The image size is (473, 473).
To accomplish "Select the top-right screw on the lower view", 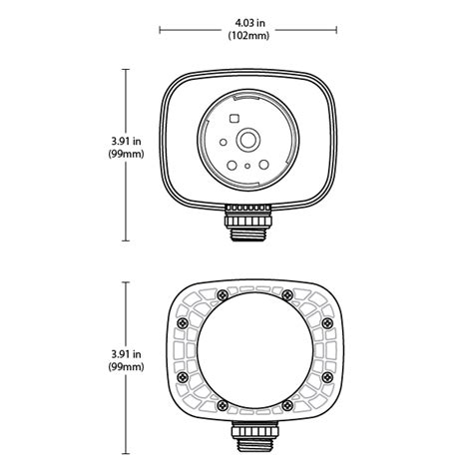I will coord(287,293).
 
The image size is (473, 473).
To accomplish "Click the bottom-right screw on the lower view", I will coord(287,403).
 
